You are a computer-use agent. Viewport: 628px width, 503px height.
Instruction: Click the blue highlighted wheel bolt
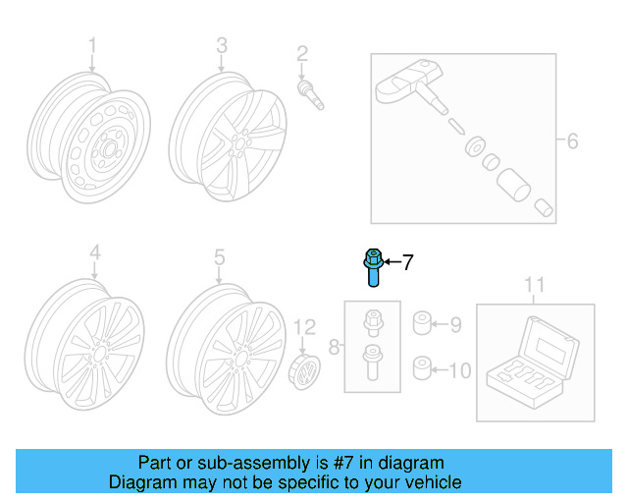(x=373, y=265)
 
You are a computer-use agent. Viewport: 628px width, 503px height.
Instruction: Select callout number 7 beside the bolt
(x=407, y=262)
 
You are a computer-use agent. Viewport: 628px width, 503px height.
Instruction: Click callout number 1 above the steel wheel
(x=93, y=46)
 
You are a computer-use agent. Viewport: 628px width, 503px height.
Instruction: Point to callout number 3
(x=222, y=46)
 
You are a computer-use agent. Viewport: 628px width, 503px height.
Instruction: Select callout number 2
(x=302, y=53)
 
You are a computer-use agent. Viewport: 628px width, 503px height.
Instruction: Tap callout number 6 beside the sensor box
(x=571, y=141)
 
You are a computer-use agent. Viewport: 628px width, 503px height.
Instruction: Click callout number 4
(x=94, y=255)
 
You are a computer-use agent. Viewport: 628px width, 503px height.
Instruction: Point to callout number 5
(x=220, y=256)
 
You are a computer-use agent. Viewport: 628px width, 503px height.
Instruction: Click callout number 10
(x=460, y=370)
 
